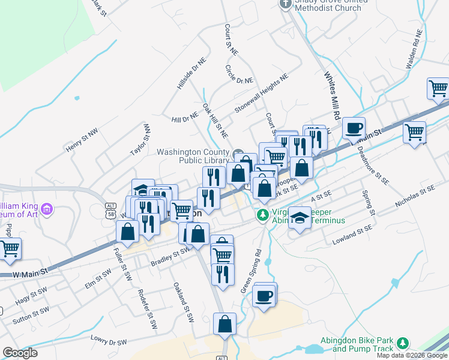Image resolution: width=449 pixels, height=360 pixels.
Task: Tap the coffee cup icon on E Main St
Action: point(354,128)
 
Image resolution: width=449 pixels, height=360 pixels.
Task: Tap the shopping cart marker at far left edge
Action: point(9,249)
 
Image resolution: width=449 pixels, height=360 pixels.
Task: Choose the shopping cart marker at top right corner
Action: point(438,89)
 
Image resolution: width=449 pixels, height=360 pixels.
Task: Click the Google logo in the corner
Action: point(20,353)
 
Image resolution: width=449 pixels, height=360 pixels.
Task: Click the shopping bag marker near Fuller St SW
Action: point(127,231)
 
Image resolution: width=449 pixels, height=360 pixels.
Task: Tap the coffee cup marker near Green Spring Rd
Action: point(264,295)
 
